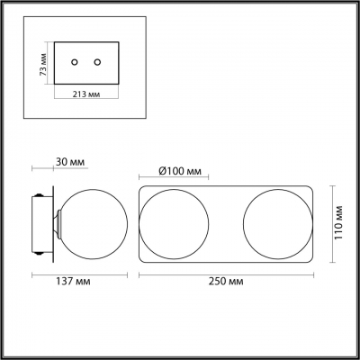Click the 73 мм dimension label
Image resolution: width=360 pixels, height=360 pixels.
[44, 64]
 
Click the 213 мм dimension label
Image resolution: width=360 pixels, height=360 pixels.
[86, 94]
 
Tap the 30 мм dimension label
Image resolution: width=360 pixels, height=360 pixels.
[70, 162]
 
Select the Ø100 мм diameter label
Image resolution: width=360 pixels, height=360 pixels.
[179, 171]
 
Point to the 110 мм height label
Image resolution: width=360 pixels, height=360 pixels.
[338, 222]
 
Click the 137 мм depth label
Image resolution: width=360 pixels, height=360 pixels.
[73, 282]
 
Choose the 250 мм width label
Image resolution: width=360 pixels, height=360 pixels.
[226, 282]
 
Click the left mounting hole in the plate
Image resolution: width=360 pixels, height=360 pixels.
[75, 62]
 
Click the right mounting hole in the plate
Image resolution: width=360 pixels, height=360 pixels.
[97, 62]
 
